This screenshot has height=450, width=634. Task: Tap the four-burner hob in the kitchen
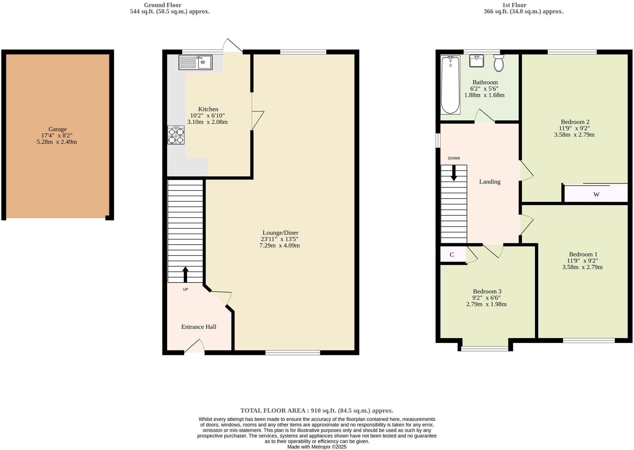pyautogui.click(x=176, y=135)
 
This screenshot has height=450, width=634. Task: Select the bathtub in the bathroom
pyautogui.click(x=450, y=85)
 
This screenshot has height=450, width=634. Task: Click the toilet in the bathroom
pyautogui.click(x=499, y=63)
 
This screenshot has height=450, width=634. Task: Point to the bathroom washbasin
pyautogui.click(x=477, y=61)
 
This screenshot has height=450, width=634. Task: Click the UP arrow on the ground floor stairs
pyautogui.click(x=185, y=274)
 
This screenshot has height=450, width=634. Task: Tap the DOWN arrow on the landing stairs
pyautogui.click(x=453, y=173)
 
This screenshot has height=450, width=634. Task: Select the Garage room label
pyautogui.click(x=57, y=129)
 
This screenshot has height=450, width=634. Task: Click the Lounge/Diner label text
pyautogui.click(x=280, y=233)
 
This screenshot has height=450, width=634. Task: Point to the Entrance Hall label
pyautogui.click(x=198, y=327)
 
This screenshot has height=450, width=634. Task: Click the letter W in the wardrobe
pyautogui.click(x=596, y=194)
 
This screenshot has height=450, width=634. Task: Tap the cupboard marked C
pyautogui.click(x=452, y=255)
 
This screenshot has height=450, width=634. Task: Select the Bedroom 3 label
pyautogui.click(x=487, y=291)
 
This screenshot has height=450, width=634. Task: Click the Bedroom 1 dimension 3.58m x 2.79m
pyautogui.click(x=582, y=267)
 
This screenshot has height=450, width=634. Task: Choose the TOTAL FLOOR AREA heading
pyautogui.click(x=317, y=411)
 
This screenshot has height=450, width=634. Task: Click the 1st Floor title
pyautogui.click(x=514, y=5)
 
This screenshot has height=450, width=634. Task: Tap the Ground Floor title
pyautogui.click(x=162, y=5)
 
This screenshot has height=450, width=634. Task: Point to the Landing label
pyautogui.click(x=490, y=182)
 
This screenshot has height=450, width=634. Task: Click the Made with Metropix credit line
pyautogui.click(x=317, y=447)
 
